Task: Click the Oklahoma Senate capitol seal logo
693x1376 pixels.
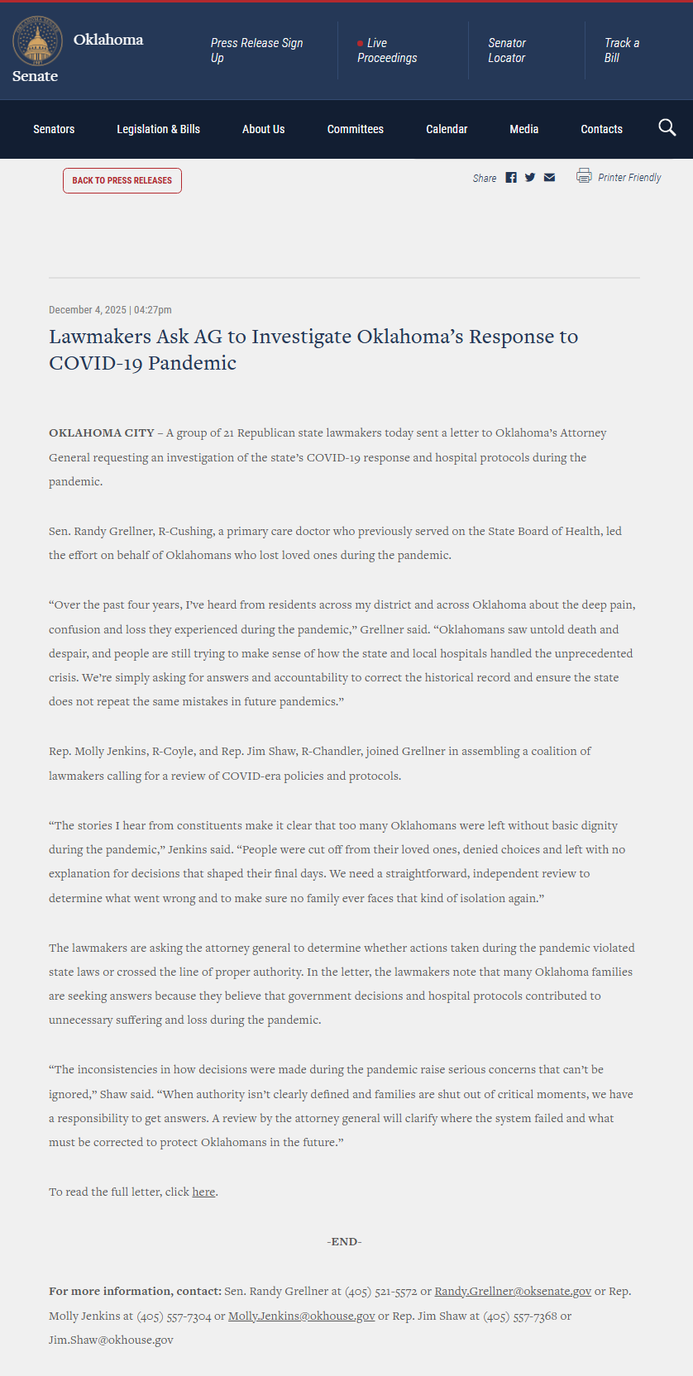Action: click(x=37, y=41)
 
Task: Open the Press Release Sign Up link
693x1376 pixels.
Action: click(x=256, y=50)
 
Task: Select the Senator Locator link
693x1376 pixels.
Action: click(x=506, y=50)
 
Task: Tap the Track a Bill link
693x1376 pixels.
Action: click(x=621, y=50)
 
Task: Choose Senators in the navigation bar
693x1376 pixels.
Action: click(x=54, y=129)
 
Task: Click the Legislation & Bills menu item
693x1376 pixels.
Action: click(x=158, y=129)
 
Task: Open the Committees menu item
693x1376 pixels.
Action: click(x=355, y=129)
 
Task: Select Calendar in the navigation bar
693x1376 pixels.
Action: click(x=447, y=129)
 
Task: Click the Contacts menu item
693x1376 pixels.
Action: click(x=601, y=129)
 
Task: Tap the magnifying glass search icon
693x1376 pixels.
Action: click(x=667, y=127)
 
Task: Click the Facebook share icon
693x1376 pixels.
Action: click(x=511, y=178)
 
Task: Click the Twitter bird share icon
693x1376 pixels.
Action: click(x=530, y=178)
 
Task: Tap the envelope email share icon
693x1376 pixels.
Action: click(x=549, y=178)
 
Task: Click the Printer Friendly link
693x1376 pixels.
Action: click(x=628, y=177)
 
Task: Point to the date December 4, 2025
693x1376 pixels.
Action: click(x=88, y=310)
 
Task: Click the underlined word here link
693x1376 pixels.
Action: click(x=203, y=1192)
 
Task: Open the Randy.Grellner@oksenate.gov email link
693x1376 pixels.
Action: click(x=513, y=1291)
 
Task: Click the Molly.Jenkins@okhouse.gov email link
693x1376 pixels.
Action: click(x=301, y=1316)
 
